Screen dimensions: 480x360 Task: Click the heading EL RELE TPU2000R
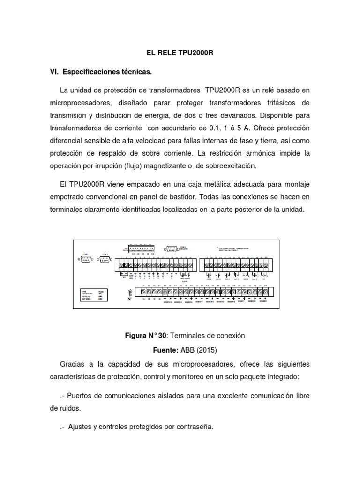(180, 54)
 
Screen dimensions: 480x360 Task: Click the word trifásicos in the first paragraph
(279, 102)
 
